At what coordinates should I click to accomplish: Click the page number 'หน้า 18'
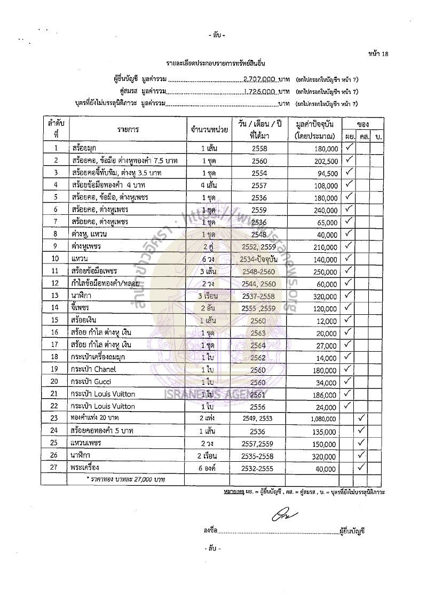click(378, 53)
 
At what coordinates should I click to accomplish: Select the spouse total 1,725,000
click(259, 91)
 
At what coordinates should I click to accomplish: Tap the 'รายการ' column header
click(128, 130)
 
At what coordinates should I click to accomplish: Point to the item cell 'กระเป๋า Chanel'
click(93, 369)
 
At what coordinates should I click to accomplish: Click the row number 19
click(54, 369)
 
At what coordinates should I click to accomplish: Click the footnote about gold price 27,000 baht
click(126, 480)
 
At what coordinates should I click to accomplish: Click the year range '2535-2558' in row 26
click(258, 455)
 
